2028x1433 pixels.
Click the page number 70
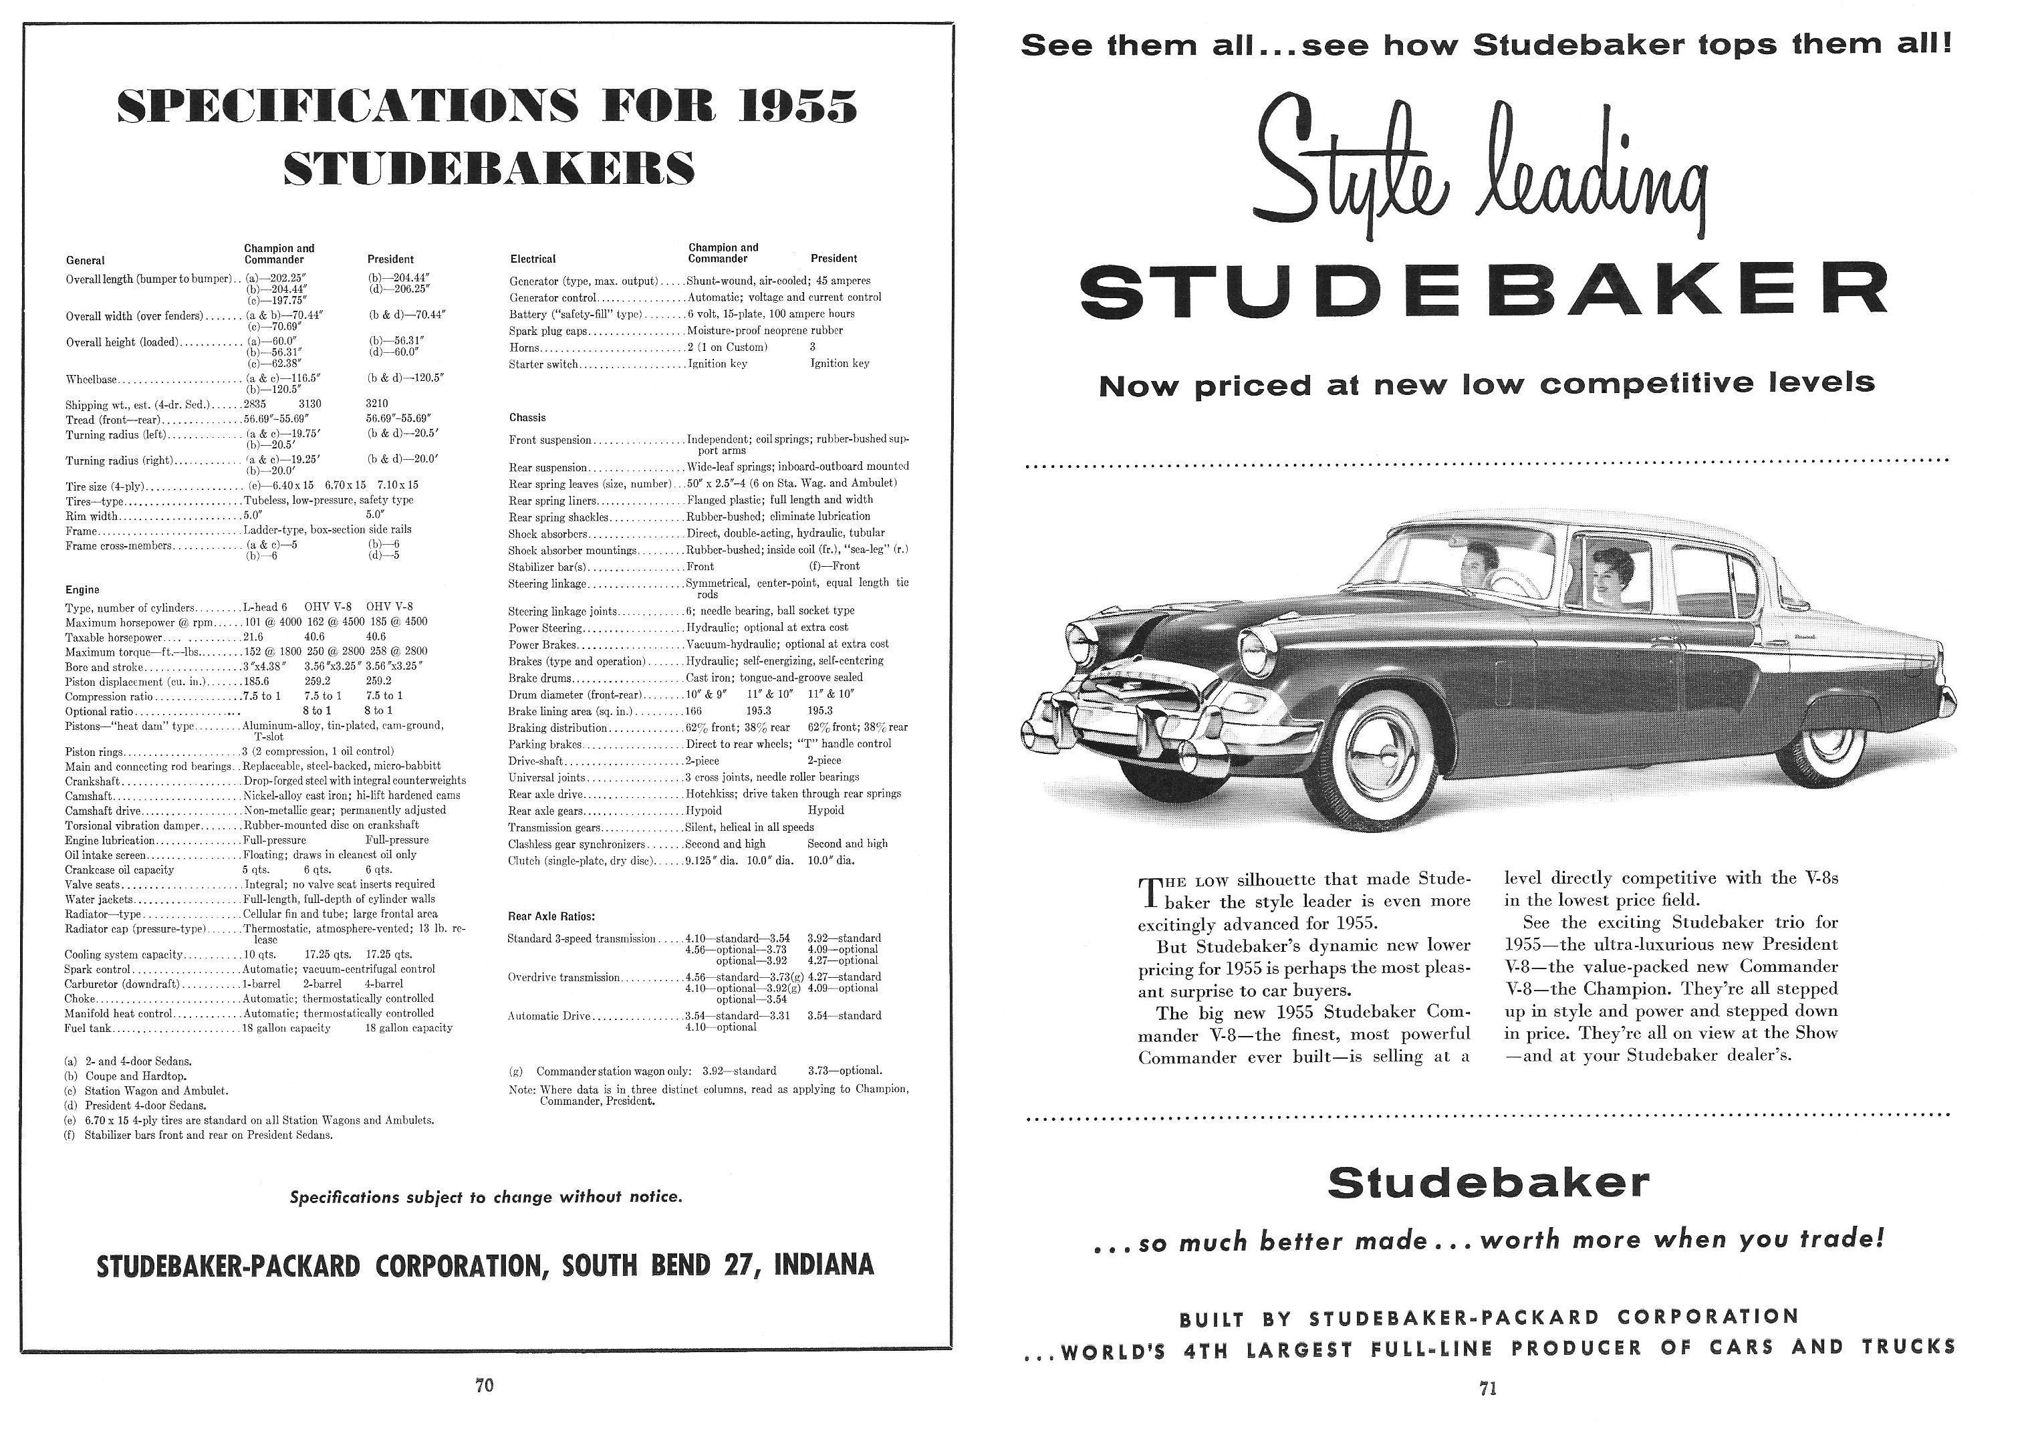tap(484, 1386)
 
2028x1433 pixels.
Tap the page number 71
tap(1487, 1389)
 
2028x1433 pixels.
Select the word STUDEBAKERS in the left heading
tap(489, 168)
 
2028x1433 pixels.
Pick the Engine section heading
tap(82, 590)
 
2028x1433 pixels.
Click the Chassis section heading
tap(527, 417)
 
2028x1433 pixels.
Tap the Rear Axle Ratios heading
tap(551, 916)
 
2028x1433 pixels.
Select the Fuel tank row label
tap(87, 1029)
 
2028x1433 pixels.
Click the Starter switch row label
tap(543, 364)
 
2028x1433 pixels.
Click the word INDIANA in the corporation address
tap(823, 1265)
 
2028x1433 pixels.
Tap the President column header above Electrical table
tap(833, 259)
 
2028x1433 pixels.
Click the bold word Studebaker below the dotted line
tap(1487, 1183)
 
